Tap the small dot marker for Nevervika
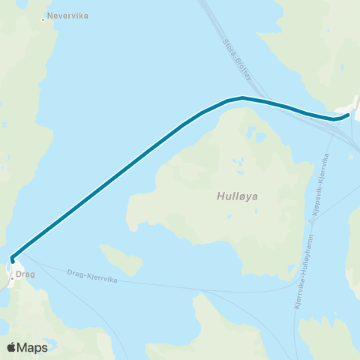coord(43,19)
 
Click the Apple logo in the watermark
coord(12,347)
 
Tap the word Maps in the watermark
coord(34,347)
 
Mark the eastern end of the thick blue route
coord(349,115)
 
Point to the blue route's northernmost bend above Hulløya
coord(241,97)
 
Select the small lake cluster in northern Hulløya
coord(238,161)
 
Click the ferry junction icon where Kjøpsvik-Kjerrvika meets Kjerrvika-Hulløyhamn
coord(311,220)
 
